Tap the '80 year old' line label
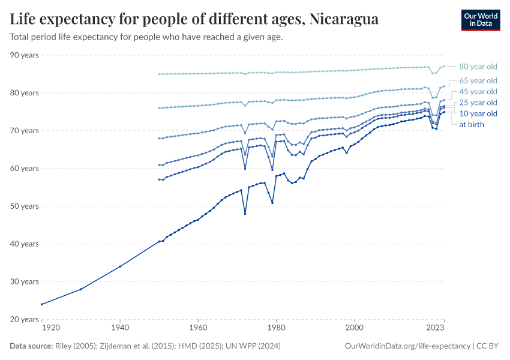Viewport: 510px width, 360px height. coord(478,67)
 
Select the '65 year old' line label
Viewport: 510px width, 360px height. coord(478,80)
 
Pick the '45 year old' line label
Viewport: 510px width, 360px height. coord(478,92)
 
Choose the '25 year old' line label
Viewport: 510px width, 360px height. coord(478,103)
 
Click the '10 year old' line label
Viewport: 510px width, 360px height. coord(478,113)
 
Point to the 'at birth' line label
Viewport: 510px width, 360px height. coord(472,125)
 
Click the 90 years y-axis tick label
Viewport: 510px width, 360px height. coord(25,55)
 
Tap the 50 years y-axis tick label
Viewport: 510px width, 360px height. coord(25,206)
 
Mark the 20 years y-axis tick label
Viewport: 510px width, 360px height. coord(25,319)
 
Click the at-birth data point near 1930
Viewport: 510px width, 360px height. coord(81,289)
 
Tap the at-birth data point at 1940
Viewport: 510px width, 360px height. coord(120,266)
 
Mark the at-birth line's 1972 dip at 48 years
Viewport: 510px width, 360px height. coord(245,214)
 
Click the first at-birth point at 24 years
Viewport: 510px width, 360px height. coord(42,304)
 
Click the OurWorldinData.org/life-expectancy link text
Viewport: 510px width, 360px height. coord(408,346)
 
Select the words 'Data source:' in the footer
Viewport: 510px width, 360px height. coord(31,346)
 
